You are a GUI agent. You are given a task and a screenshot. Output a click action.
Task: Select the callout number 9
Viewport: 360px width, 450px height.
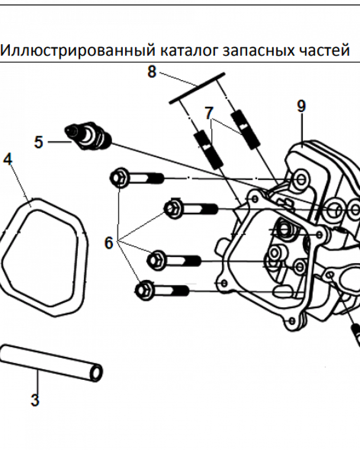(x=301, y=106)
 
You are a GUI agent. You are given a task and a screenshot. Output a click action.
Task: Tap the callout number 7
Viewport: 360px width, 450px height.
(x=208, y=113)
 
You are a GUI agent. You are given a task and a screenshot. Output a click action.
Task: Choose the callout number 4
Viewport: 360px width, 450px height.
(x=8, y=159)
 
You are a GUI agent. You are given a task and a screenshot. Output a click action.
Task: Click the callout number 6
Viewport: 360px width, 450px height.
(x=109, y=243)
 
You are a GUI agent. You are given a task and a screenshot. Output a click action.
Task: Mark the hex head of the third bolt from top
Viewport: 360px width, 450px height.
(x=155, y=260)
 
